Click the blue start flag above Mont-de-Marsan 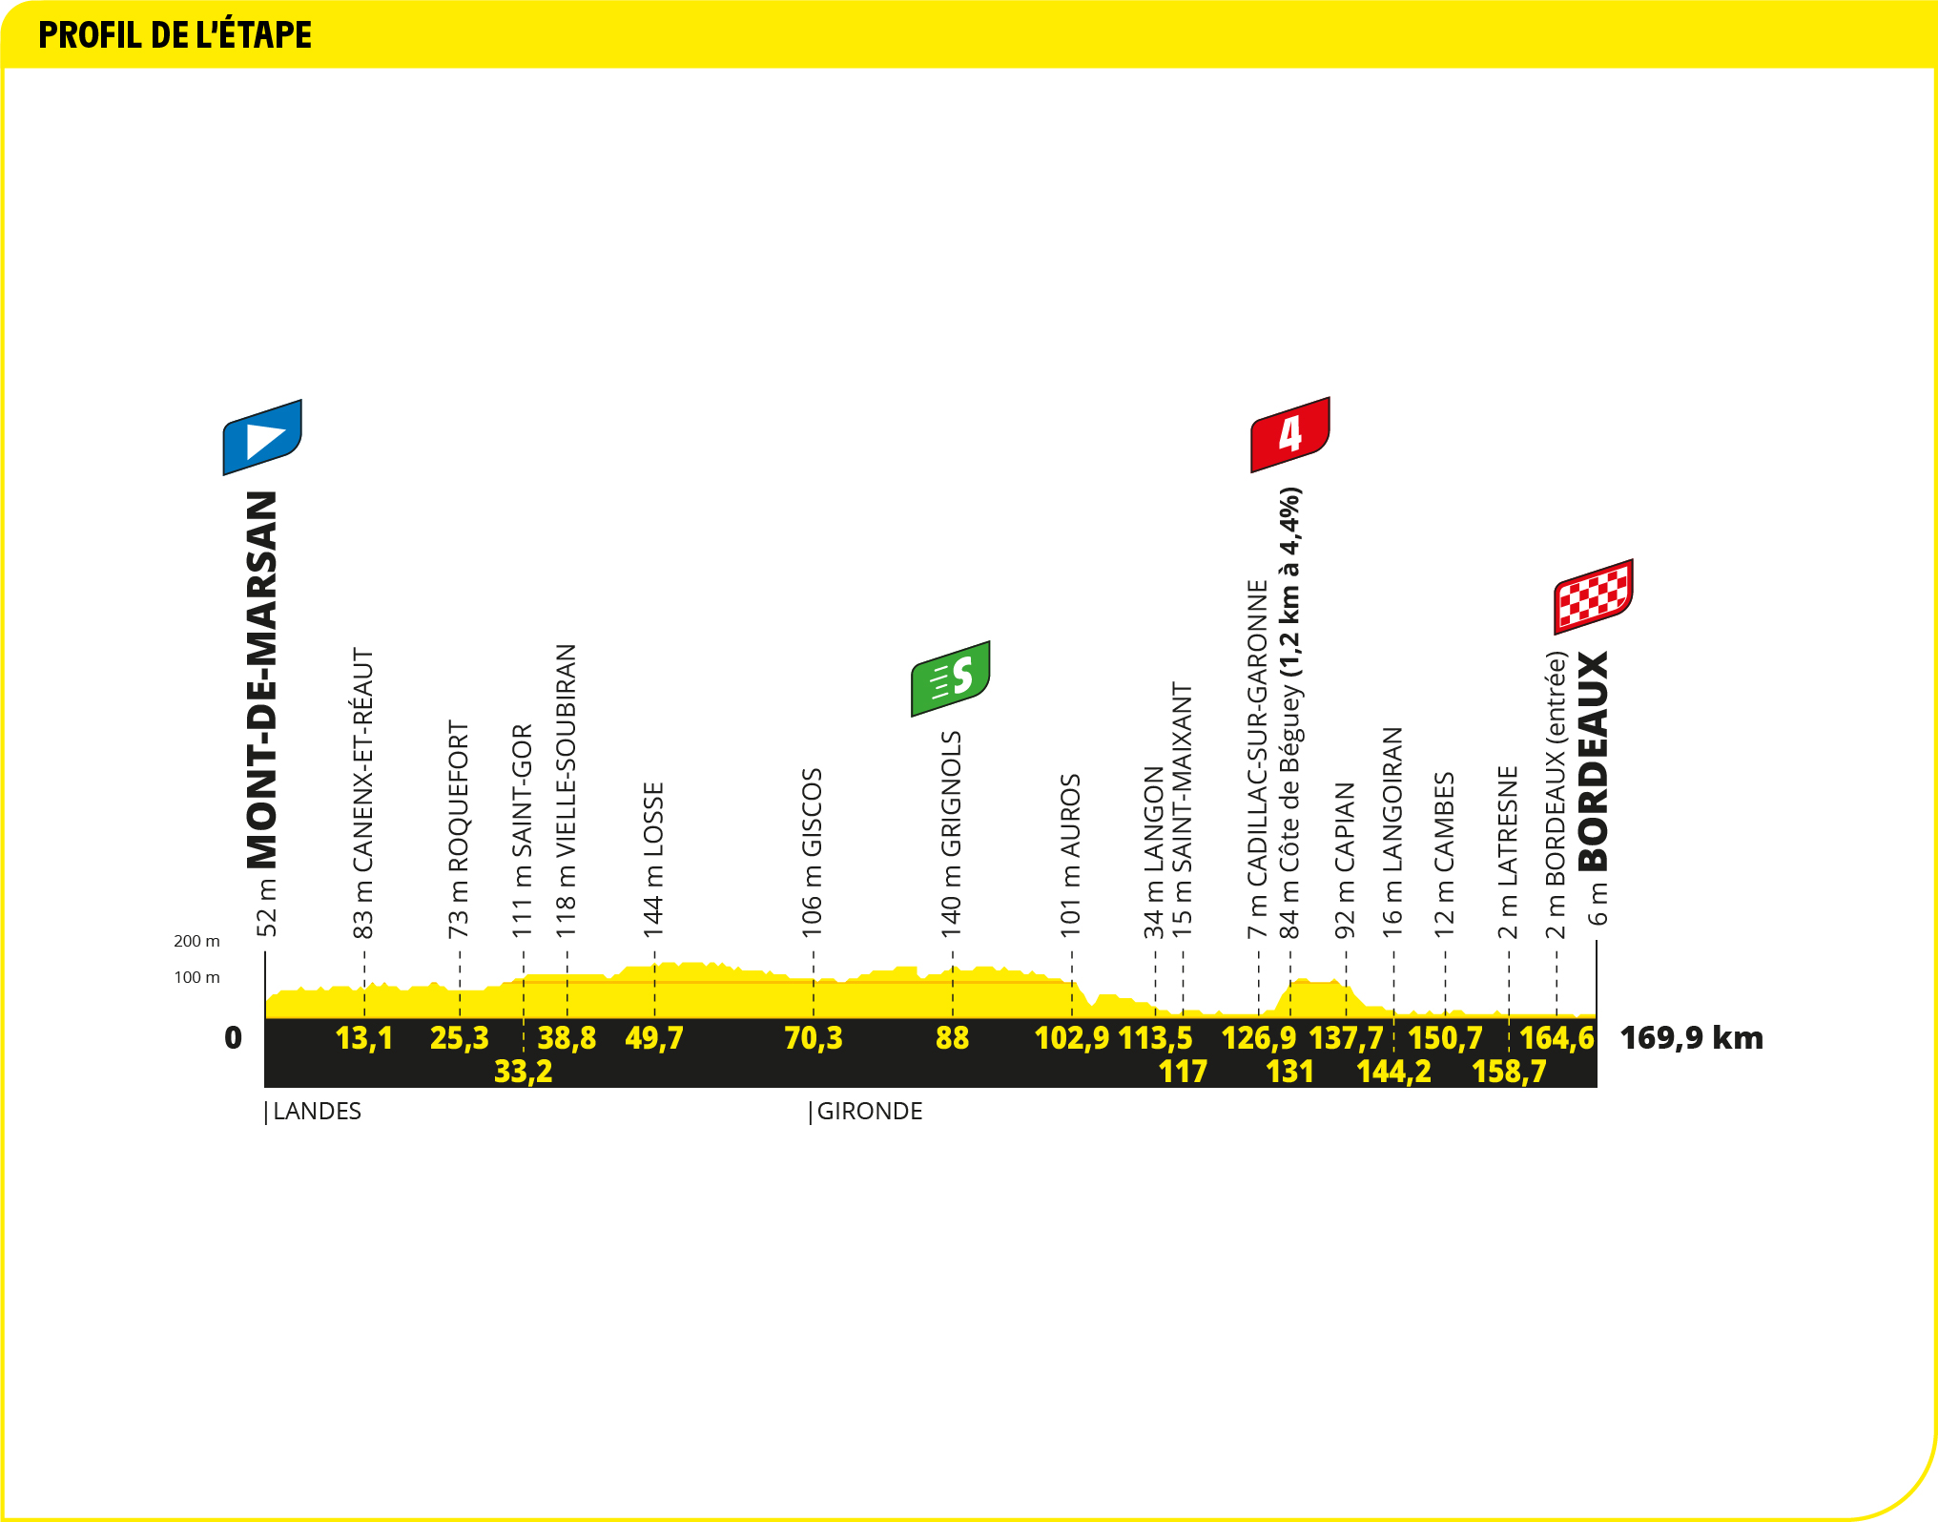pyautogui.click(x=262, y=437)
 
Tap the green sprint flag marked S pyautogui.click(x=951, y=678)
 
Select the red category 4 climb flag pyautogui.click(x=1290, y=434)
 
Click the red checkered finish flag pyautogui.click(x=1594, y=596)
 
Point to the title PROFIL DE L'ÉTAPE pyautogui.click(x=175, y=35)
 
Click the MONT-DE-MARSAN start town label pyautogui.click(x=261, y=680)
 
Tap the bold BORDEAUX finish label pyautogui.click(x=1593, y=761)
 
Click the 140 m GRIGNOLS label pyautogui.click(x=952, y=834)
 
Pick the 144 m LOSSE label pyautogui.click(x=653, y=860)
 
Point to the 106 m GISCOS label pyautogui.click(x=812, y=853)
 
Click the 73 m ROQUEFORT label pyautogui.click(x=459, y=829)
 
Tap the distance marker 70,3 pyautogui.click(x=814, y=1037)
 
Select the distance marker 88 pyautogui.click(x=952, y=1037)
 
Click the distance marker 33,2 pyautogui.click(x=523, y=1072)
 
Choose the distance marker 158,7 pyautogui.click(x=1509, y=1072)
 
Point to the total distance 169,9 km pyautogui.click(x=1692, y=1037)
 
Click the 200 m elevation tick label pyautogui.click(x=196, y=941)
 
